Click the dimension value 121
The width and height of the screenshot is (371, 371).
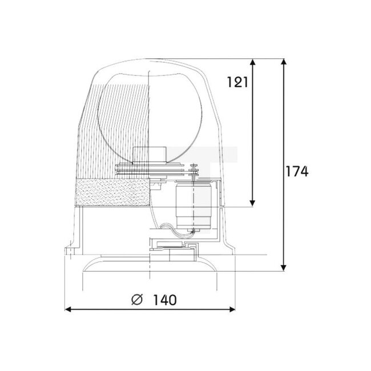coord(236,82)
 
